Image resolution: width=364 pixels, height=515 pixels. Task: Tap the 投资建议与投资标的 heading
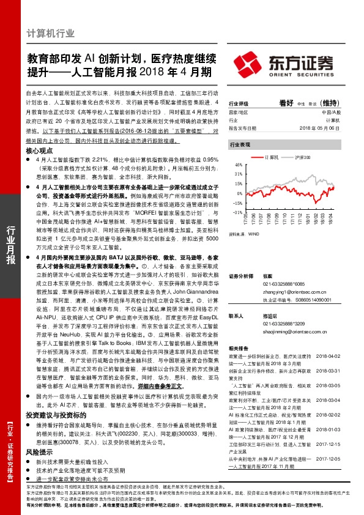pyautogui.click(x=54, y=415)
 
